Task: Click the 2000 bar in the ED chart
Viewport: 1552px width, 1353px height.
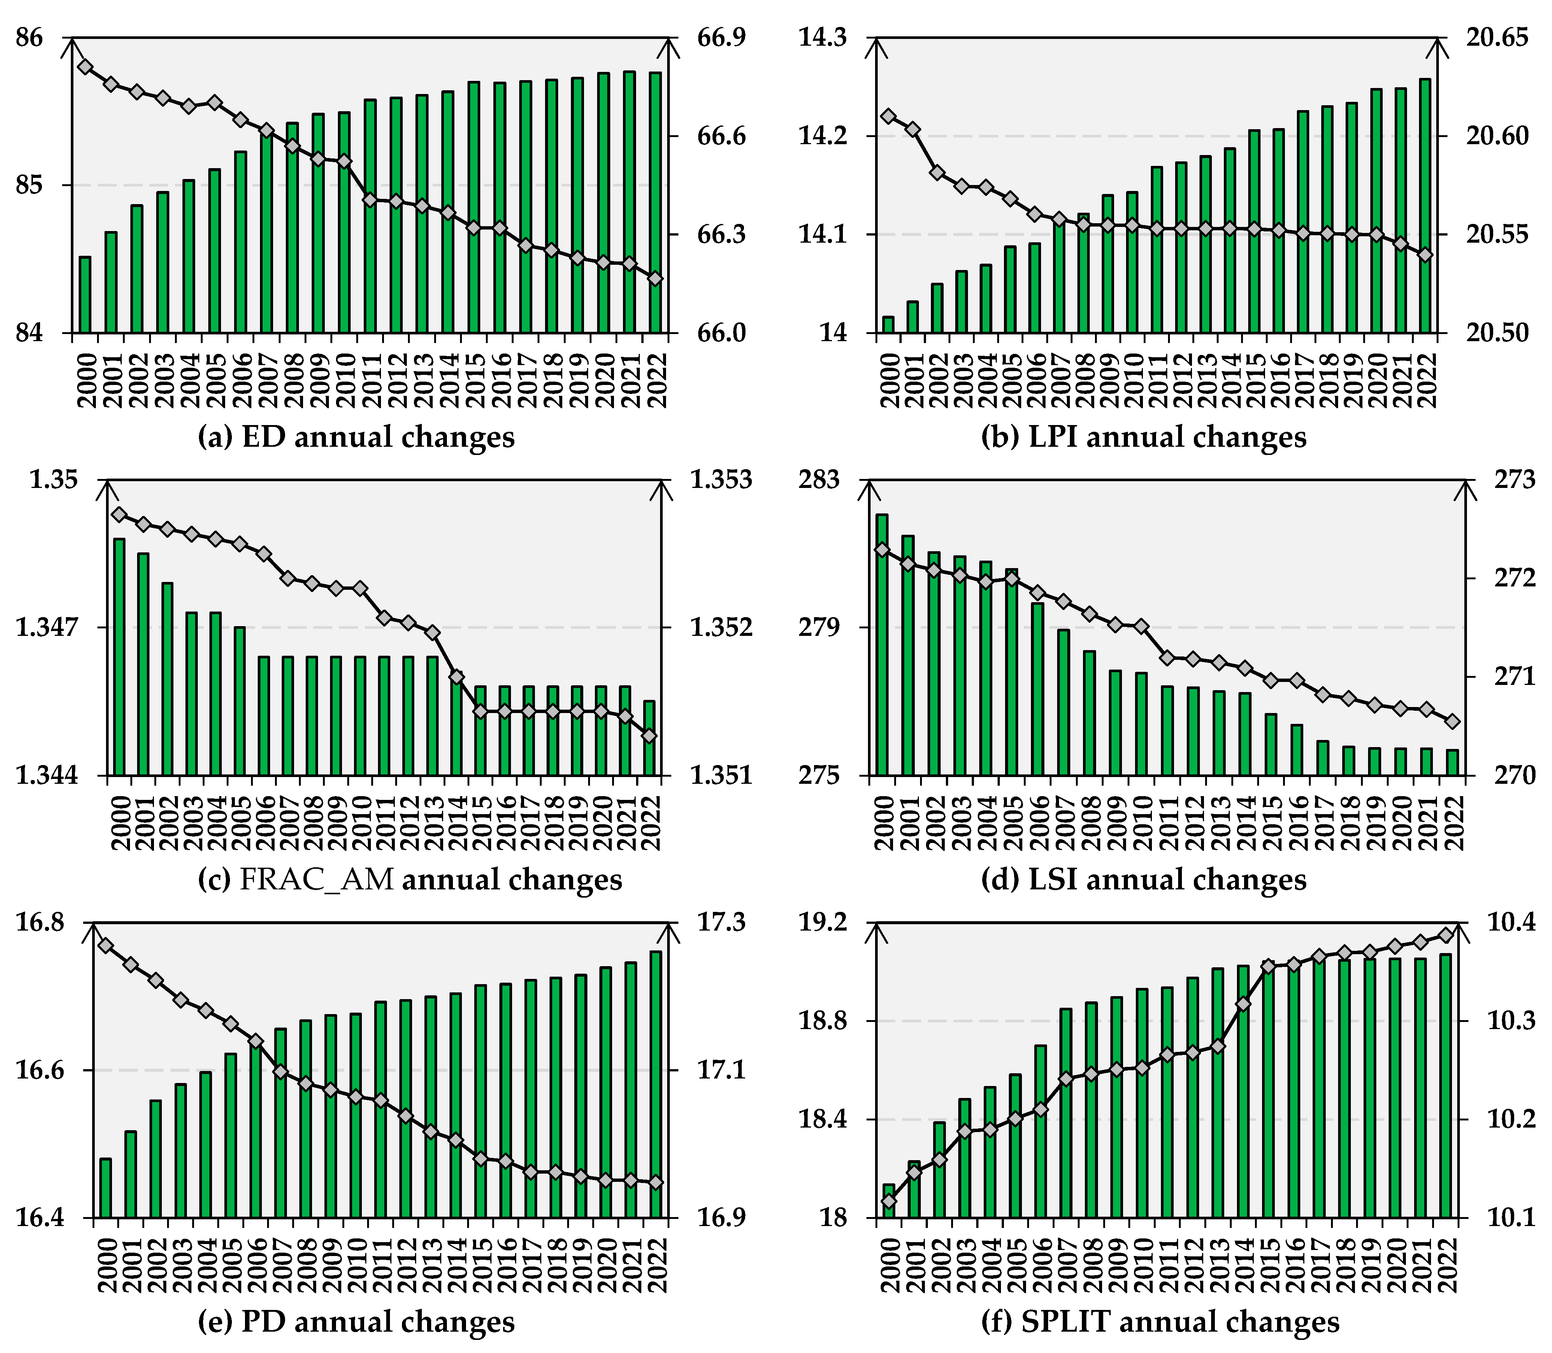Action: [85, 294]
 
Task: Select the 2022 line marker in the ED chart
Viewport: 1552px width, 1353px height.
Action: [655, 279]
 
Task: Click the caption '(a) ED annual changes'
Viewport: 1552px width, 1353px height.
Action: [356, 437]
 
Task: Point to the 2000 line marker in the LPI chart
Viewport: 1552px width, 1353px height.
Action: [889, 115]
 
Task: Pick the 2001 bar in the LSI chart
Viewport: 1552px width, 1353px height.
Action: [908, 655]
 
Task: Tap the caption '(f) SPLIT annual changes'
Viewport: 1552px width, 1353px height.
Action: [1160, 1321]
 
